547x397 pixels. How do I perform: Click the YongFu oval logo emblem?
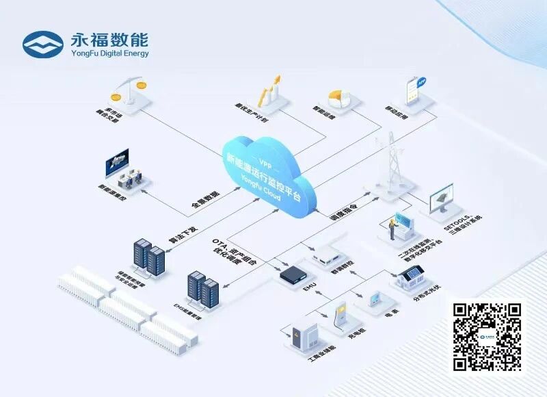(x=43, y=44)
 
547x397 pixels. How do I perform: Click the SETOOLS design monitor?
(x=445, y=198)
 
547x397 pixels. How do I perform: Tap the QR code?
(x=488, y=336)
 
